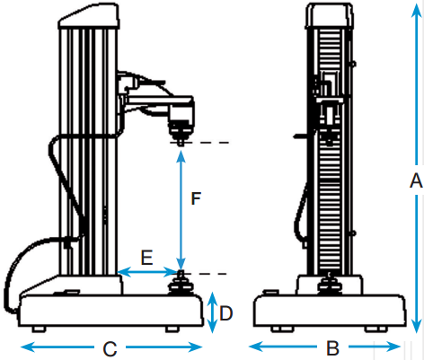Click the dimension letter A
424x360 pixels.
pyautogui.click(x=416, y=180)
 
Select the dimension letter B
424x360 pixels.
pyautogui.click(x=332, y=347)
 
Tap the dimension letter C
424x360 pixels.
pyautogui.click(x=110, y=348)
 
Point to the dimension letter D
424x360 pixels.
pyautogui.click(x=226, y=313)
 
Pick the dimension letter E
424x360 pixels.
pyautogui.click(x=146, y=258)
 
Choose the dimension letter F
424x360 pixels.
pyautogui.click(x=196, y=198)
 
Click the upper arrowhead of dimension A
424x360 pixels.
pyautogui.click(x=417, y=11)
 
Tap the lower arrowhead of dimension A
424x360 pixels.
pyautogui.click(x=417, y=325)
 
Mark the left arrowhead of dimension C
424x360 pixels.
pyautogui.click(x=29, y=347)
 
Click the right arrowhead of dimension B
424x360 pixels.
pyautogui.click(x=393, y=347)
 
